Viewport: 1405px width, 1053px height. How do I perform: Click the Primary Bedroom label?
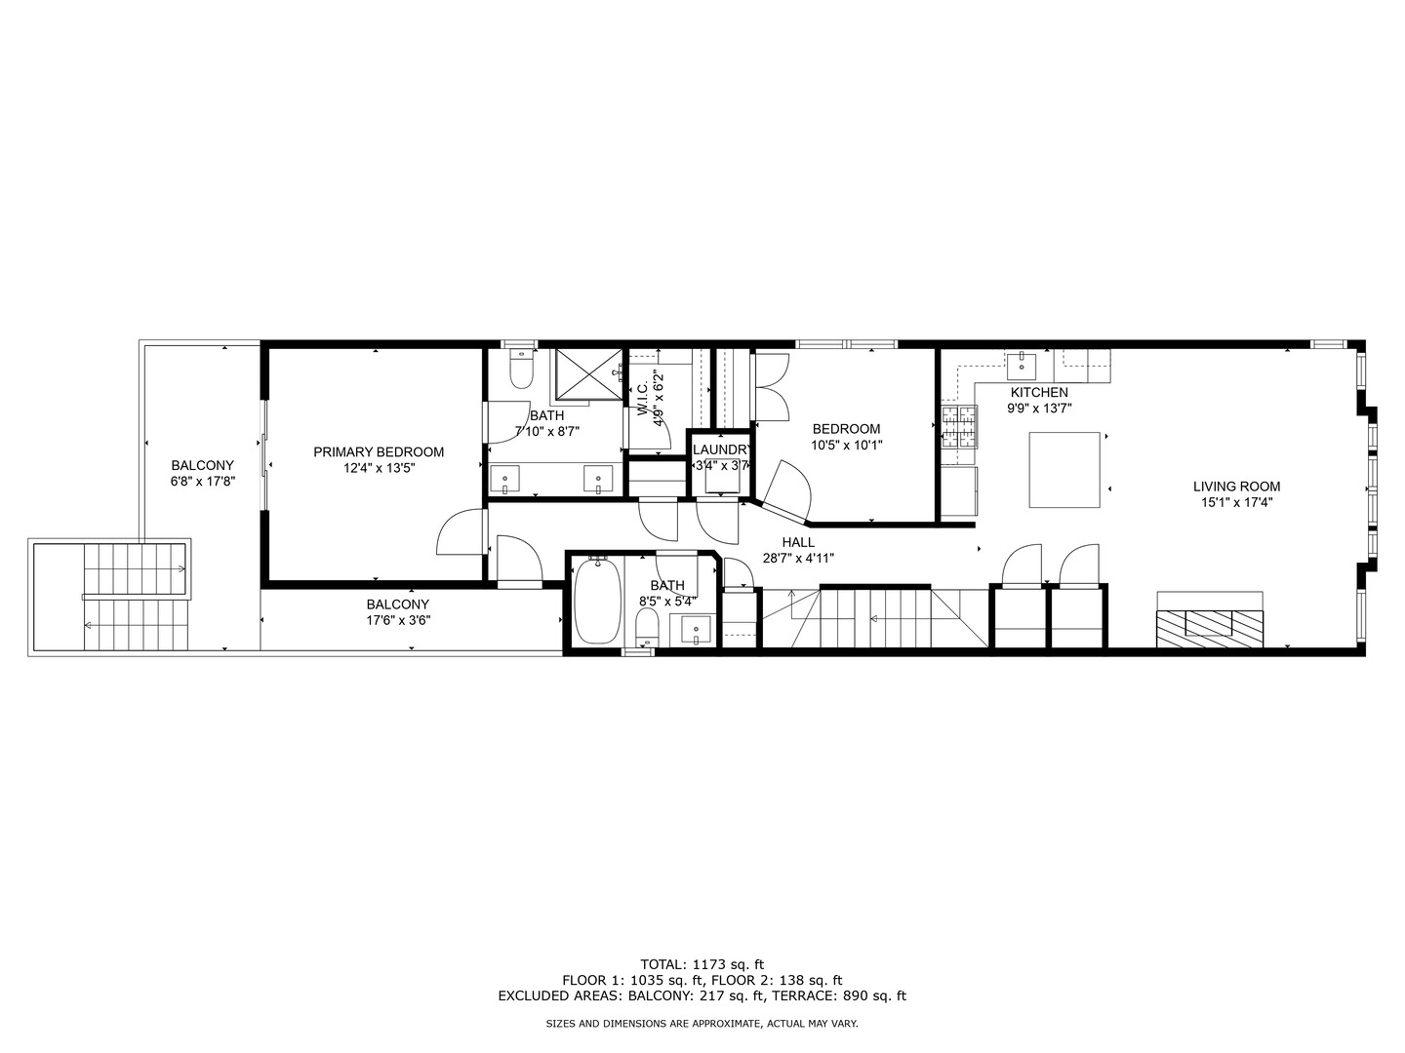point(379,452)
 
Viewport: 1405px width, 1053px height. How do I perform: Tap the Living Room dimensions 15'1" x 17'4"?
point(1236,503)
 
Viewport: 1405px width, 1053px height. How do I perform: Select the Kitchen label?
point(1039,392)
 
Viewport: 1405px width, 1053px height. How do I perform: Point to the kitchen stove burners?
point(959,426)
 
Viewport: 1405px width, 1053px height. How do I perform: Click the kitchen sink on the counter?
point(1022,366)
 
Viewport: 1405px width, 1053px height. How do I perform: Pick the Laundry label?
point(720,449)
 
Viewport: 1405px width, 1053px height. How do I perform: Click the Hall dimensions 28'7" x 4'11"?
point(797,559)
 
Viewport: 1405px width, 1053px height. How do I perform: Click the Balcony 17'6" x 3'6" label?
point(397,619)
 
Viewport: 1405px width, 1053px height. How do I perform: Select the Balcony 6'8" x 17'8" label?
point(203,481)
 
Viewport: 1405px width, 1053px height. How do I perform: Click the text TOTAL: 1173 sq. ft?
point(702,963)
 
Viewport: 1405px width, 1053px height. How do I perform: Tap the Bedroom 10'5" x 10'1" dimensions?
point(846,445)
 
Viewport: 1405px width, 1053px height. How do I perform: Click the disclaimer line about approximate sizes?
point(702,1024)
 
